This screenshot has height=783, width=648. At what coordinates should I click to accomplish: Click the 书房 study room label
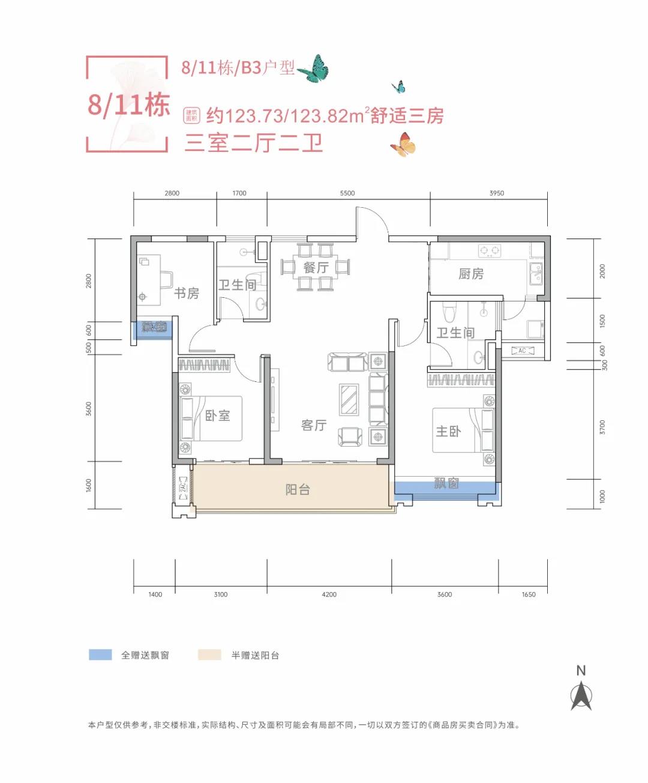point(187,293)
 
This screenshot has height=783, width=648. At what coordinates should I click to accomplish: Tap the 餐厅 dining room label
point(316,267)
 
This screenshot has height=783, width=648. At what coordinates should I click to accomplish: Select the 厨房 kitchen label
point(471,274)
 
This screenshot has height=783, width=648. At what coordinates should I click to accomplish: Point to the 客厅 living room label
point(314,425)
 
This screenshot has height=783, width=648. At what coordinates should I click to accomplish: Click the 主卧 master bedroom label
point(448,431)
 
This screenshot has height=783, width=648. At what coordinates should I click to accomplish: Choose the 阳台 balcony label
point(298,489)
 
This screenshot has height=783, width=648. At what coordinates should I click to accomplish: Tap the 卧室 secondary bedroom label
point(217,416)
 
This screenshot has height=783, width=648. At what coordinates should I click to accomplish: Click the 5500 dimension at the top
point(347,193)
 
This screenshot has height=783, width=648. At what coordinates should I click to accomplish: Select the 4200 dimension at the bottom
point(329,594)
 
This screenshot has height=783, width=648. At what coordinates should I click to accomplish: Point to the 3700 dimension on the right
point(603,428)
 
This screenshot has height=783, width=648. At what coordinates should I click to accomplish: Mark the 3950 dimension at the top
point(497,193)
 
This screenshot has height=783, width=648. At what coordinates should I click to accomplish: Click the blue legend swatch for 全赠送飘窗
point(100,655)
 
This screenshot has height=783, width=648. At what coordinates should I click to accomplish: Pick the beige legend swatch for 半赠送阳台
point(209,655)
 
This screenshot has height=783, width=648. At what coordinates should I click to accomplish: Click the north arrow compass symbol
point(581,697)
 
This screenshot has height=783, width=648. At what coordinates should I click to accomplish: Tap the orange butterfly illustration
point(403,145)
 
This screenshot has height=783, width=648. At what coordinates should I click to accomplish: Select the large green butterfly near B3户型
point(314,69)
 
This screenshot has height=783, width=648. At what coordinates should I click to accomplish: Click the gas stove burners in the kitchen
point(490,250)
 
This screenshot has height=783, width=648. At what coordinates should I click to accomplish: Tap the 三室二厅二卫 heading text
point(254,143)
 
